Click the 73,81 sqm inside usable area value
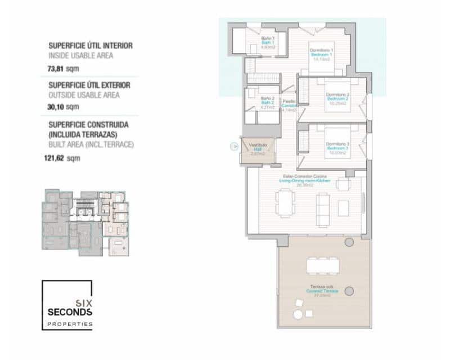coord(64,69)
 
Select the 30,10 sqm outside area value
coord(64,106)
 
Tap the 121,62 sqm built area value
coord(65,158)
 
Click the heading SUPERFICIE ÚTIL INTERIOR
coord(90,46)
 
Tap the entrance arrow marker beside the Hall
coord(235,147)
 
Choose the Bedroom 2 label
coord(337,98)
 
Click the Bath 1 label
coord(268,42)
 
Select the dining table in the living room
coord(285,202)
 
